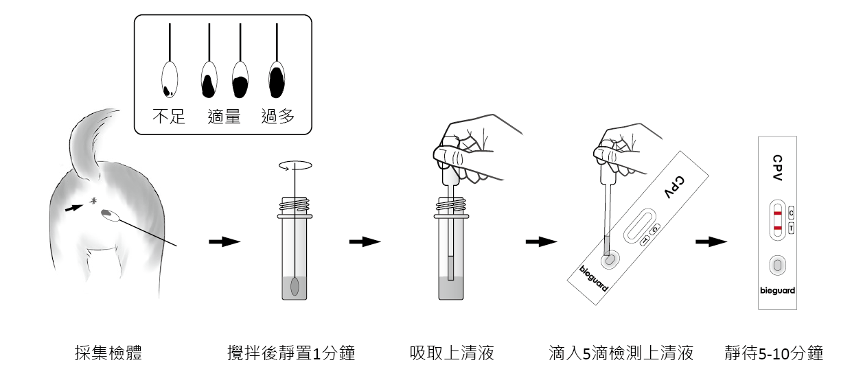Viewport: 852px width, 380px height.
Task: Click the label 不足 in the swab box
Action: point(169,117)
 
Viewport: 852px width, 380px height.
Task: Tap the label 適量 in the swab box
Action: point(224,117)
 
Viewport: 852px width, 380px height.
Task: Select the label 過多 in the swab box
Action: point(278,117)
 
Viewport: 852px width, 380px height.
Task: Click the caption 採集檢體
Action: point(109,354)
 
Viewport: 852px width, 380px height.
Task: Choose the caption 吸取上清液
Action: point(452,354)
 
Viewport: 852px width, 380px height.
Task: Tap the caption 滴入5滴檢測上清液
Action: point(621,354)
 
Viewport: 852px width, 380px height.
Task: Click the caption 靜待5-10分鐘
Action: point(774,354)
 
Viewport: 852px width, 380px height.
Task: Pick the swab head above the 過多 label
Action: point(276,80)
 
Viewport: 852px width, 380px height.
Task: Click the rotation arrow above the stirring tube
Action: point(295,165)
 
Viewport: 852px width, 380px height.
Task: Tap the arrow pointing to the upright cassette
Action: point(711,241)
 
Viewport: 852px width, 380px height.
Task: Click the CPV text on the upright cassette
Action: point(776,167)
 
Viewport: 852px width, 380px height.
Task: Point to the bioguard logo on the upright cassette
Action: point(777,291)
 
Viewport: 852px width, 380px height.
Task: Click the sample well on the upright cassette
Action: point(777,265)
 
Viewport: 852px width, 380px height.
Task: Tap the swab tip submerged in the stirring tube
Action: point(295,287)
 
